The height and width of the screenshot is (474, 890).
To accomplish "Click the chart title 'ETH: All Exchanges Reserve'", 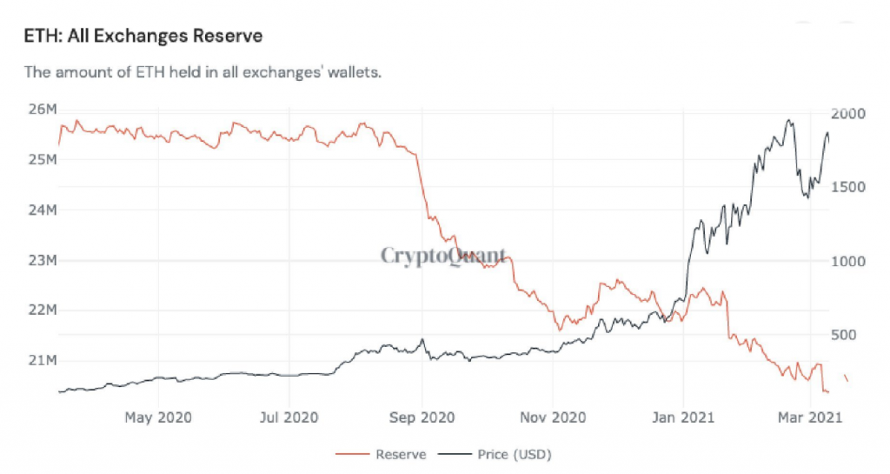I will (144, 37).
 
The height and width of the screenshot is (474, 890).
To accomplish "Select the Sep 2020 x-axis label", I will (422, 417).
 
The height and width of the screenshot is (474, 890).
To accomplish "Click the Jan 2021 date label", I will (683, 417).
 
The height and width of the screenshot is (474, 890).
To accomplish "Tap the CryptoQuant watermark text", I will (443, 256).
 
